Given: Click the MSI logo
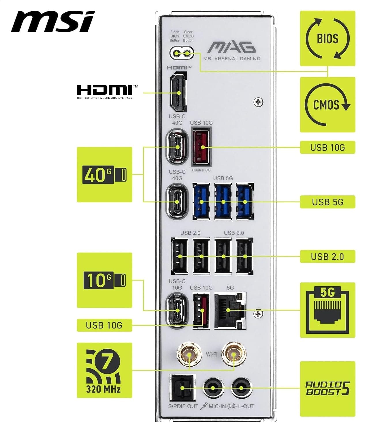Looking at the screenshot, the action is point(53,21).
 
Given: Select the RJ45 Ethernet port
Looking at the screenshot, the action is point(230,311).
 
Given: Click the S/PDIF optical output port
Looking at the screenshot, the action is point(183,388).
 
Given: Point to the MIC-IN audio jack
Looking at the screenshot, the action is point(213,388).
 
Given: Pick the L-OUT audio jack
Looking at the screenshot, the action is point(241,388).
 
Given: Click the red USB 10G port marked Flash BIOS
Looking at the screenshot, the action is point(201,148).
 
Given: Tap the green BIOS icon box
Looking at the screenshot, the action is point(328,39).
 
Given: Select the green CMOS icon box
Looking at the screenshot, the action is point(328,105).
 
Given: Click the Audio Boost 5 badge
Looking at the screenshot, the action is point(328,389).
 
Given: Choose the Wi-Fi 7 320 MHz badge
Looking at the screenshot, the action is point(104,370).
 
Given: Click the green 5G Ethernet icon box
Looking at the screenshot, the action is point(328,310).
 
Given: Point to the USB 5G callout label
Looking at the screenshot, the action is point(328,202).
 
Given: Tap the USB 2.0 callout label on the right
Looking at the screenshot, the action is point(328,256).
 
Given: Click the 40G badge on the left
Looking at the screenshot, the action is point(104,175).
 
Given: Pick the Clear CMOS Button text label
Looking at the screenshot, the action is point(188,36).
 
